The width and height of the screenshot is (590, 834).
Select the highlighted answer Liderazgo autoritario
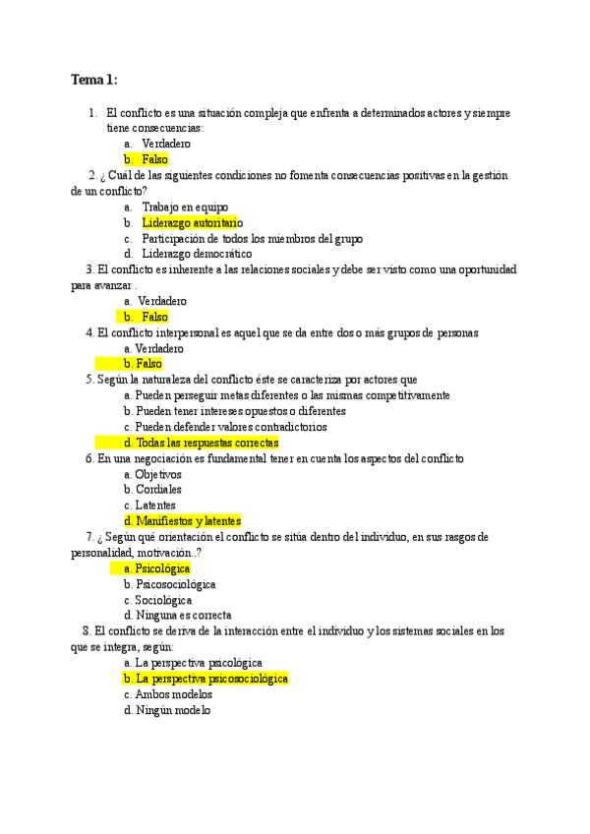[191, 222]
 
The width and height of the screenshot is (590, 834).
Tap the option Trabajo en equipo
[185, 207]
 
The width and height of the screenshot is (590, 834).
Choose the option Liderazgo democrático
[197, 254]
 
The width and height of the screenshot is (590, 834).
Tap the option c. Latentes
[149, 506]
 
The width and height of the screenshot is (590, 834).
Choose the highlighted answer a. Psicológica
[157, 568]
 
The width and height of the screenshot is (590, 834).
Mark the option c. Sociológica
[157, 600]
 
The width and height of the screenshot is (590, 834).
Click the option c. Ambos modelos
[167, 694]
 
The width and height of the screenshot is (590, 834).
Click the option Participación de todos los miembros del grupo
[252, 238]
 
